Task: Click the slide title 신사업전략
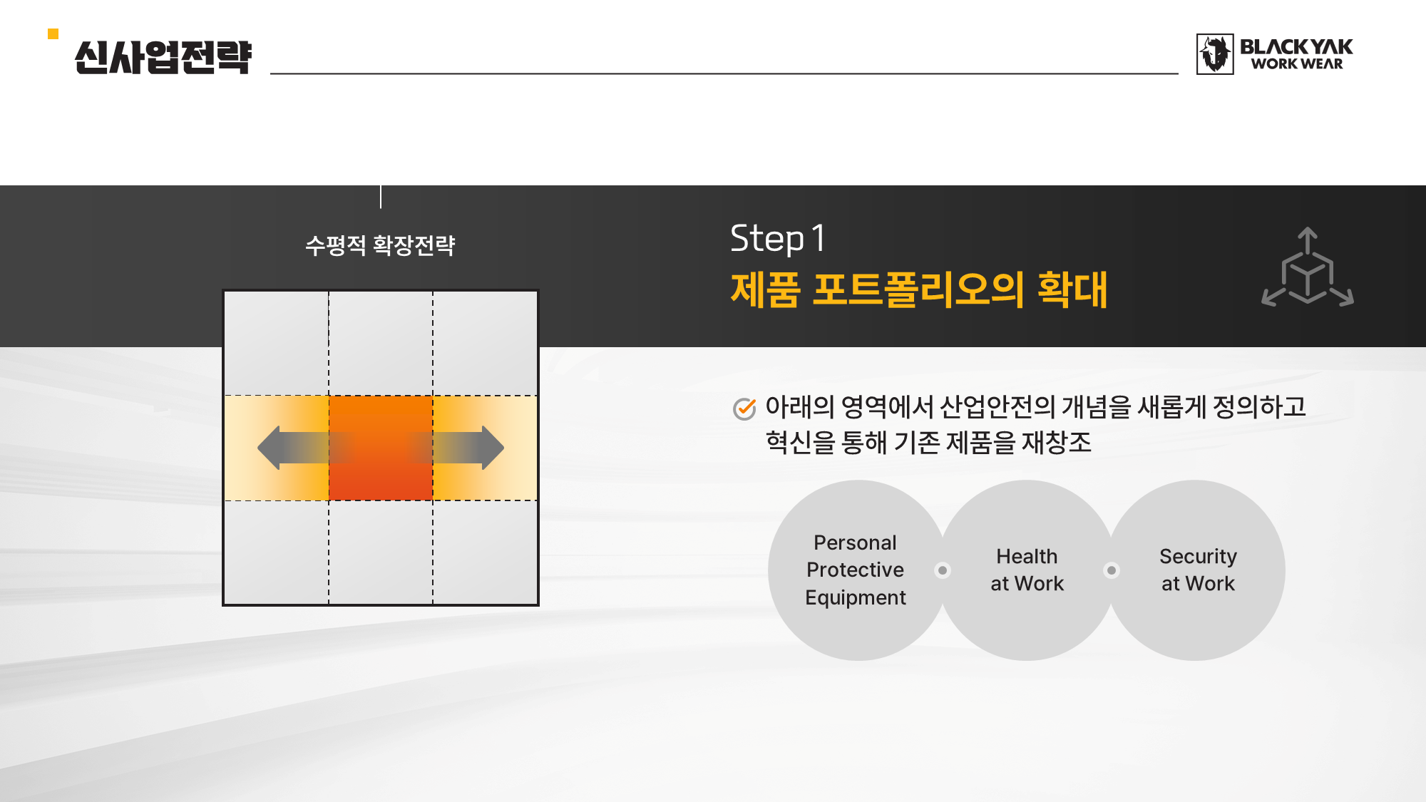(x=163, y=57)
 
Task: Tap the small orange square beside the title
(x=53, y=34)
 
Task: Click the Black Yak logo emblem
(x=1215, y=53)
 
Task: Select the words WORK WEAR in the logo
(x=1297, y=64)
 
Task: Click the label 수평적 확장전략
(x=380, y=245)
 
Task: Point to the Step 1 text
(x=778, y=238)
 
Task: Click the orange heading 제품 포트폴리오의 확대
(x=919, y=289)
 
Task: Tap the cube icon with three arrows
(x=1308, y=267)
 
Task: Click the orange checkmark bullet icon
(x=744, y=408)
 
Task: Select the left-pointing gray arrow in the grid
(x=303, y=448)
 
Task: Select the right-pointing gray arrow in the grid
(x=458, y=448)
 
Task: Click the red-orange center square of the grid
(x=381, y=448)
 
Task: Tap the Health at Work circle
(x=1027, y=570)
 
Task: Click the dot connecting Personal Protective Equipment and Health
(x=943, y=570)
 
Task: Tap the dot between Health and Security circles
(x=1112, y=570)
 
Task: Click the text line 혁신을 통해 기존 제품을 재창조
(x=928, y=443)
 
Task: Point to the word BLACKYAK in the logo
(x=1296, y=47)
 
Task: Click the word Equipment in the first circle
(x=856, y=598)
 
